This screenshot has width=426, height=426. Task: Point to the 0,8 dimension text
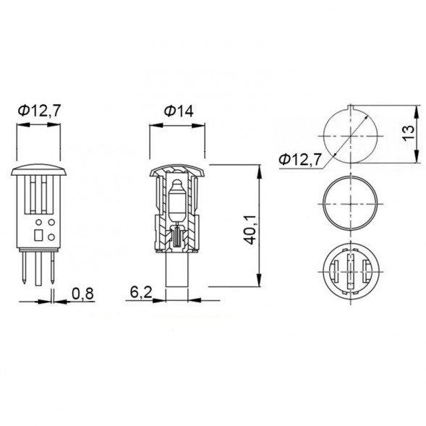[x=82, y=294]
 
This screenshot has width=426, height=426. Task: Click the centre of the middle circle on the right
[x=349, y=203]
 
